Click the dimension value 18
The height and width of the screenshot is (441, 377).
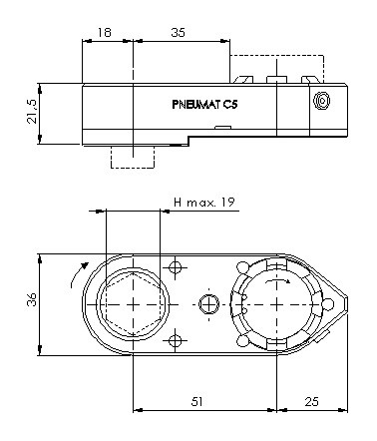(x=104, y=33)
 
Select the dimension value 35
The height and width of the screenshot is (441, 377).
(x=179, y=33)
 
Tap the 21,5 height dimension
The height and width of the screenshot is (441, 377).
(x=32, y=112)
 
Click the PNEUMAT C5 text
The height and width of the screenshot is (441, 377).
(x=204, y=105)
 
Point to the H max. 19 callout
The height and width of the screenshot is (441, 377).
(x=204, y=203)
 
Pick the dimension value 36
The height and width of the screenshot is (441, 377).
(x=32, y=299)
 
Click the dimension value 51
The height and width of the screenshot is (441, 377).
(x=196, y=401)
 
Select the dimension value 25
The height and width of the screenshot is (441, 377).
(x=311, y=401)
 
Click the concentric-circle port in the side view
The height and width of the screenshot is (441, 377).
(x=321, y=101)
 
